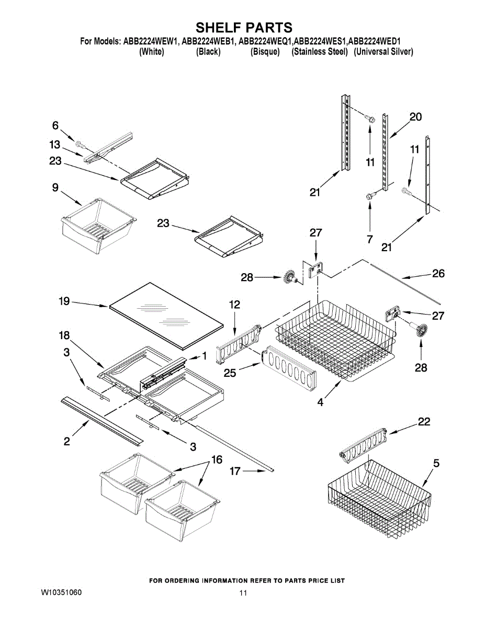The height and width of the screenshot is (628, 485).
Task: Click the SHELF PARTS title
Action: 244,27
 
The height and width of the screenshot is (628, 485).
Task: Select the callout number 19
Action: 64,301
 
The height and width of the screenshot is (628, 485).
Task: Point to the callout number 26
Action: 438,273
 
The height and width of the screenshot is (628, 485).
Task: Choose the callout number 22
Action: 424,422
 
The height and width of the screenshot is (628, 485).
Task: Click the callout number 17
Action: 235,471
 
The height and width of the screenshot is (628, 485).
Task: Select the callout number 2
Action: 67,441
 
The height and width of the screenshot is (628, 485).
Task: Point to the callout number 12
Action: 235,305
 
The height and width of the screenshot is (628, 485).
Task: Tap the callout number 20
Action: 415,117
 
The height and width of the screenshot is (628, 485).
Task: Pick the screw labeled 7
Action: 369,196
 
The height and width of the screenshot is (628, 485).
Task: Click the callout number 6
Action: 55,125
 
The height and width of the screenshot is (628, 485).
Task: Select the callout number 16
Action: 216,460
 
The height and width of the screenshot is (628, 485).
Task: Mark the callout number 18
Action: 64,335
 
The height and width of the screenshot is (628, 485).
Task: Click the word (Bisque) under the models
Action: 265,52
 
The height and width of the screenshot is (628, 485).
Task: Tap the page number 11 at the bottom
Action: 243,593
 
